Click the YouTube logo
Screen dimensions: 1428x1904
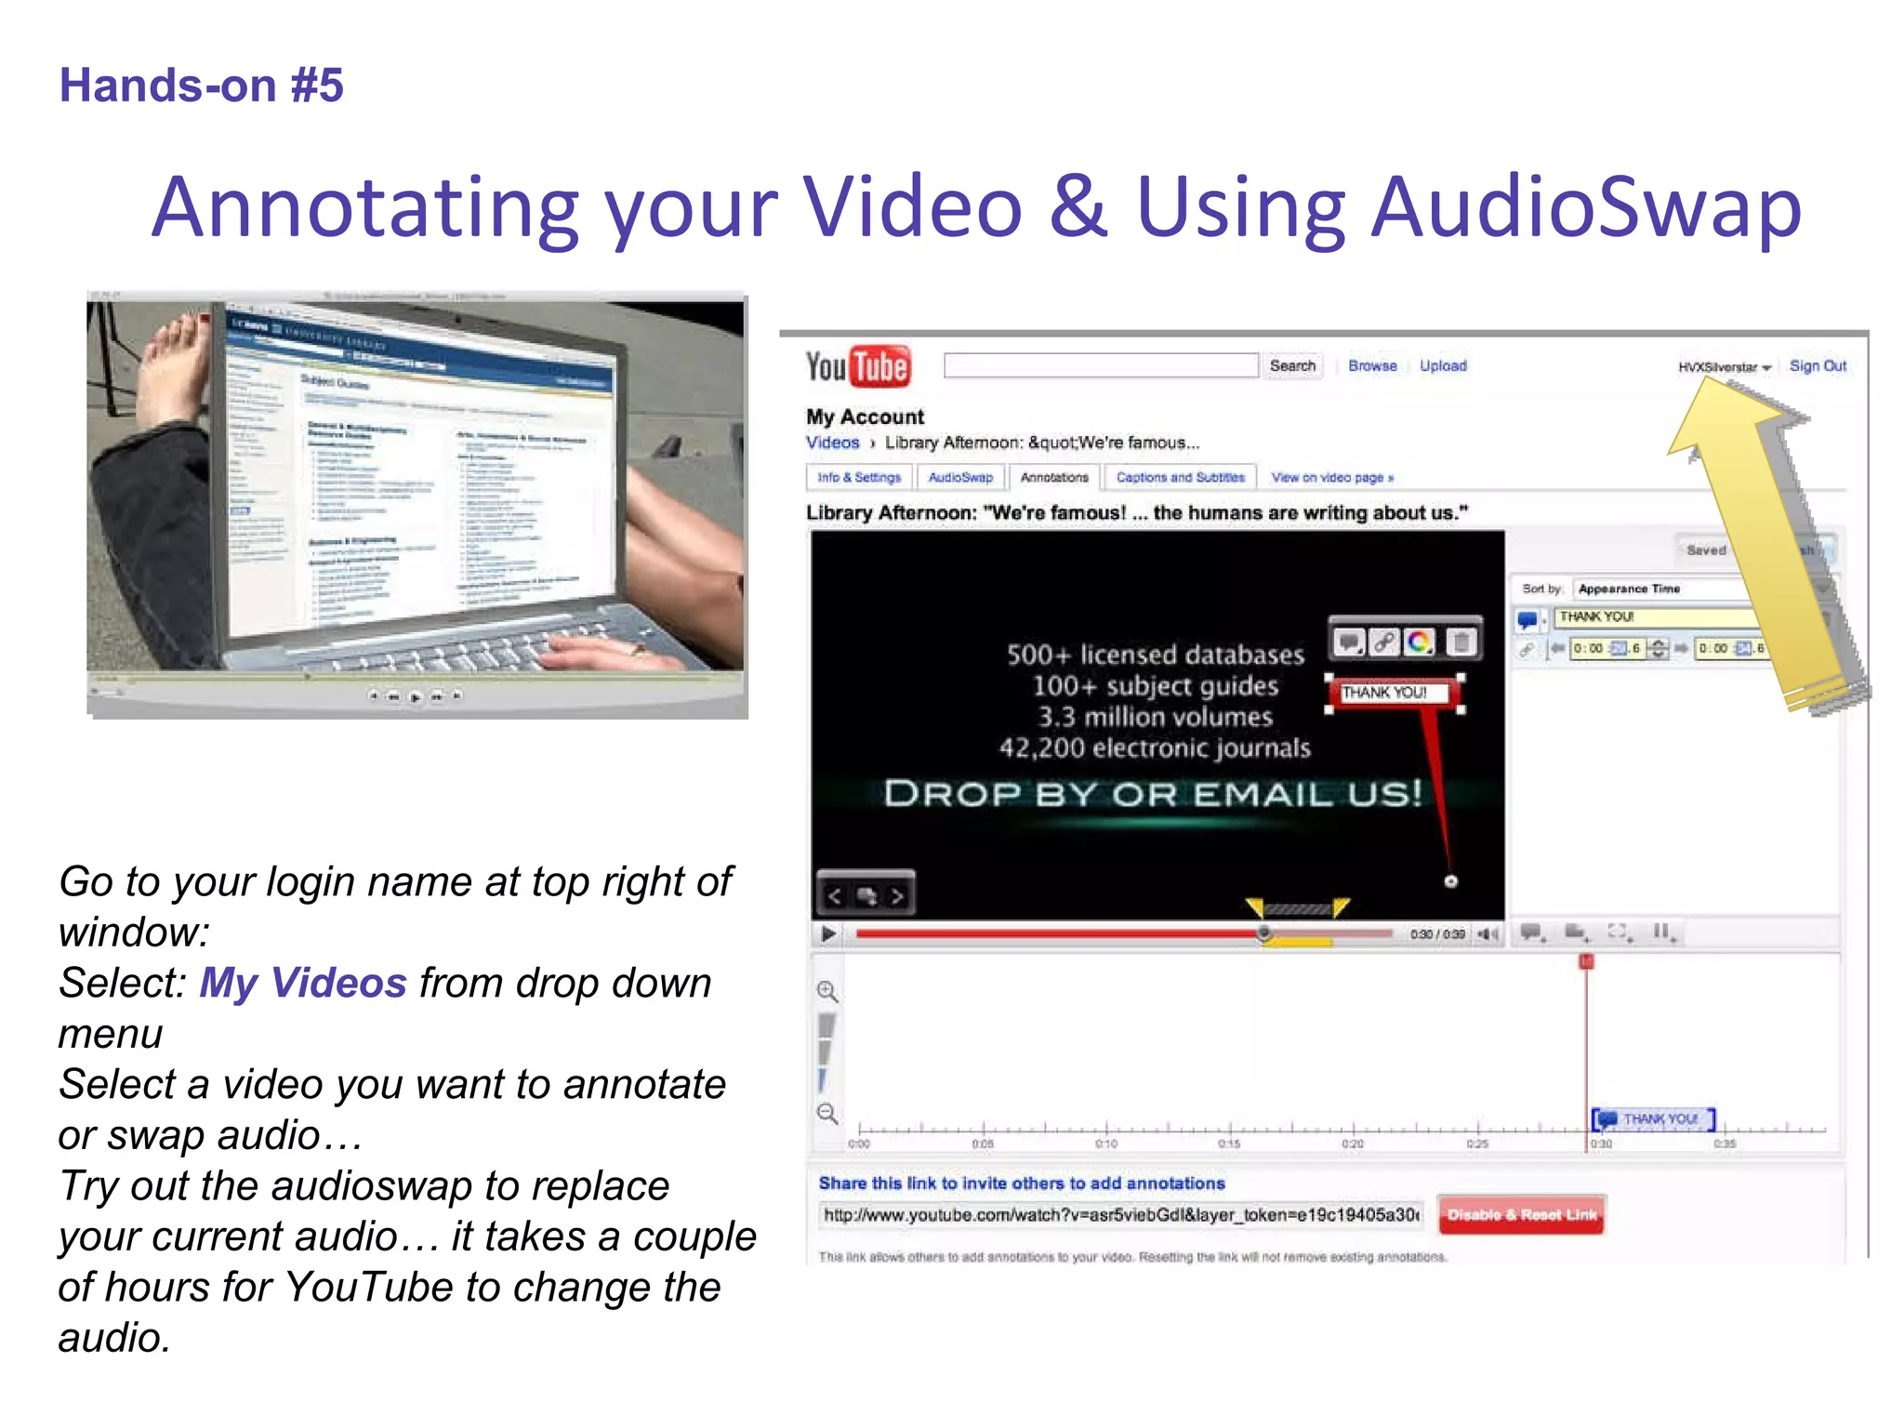click(857, 366)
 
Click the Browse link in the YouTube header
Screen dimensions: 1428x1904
click(1372, 366)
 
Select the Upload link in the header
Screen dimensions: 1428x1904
click(1443, 366)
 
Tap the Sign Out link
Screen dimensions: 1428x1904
click(1818, 366)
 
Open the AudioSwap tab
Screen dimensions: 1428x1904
click(960, 477)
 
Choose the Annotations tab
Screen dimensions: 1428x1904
click(1054, 477)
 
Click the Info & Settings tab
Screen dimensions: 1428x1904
click(859, 477)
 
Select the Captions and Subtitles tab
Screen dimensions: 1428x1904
click(1180, 477)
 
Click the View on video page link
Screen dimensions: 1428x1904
click(1332, 478)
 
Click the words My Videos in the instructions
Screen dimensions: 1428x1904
click(303, 983)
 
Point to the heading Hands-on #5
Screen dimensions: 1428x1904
click(202, 86)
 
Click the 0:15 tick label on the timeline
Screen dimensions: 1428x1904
click(1229, 1144)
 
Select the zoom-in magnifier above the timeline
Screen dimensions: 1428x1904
click(826, 991)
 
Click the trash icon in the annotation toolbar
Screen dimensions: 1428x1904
click(1461, 641)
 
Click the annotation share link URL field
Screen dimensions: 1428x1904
click(1120, 1215)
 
